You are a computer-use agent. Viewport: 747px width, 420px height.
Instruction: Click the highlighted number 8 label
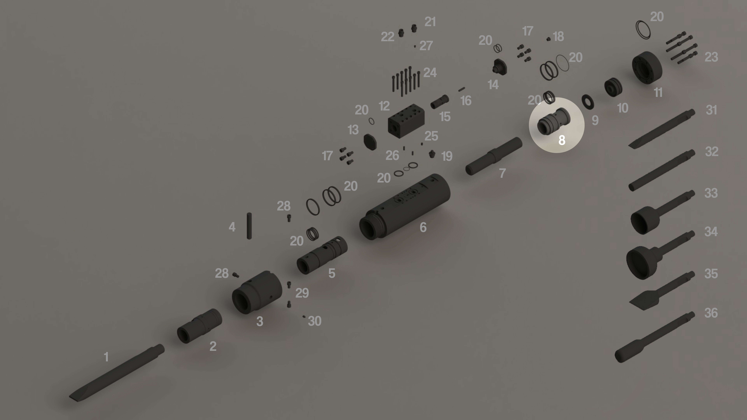562,140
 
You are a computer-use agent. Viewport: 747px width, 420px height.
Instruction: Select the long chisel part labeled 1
117,373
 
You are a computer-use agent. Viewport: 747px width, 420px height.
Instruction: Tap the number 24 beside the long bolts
430,72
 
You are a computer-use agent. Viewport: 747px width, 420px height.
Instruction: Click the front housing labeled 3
257,293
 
